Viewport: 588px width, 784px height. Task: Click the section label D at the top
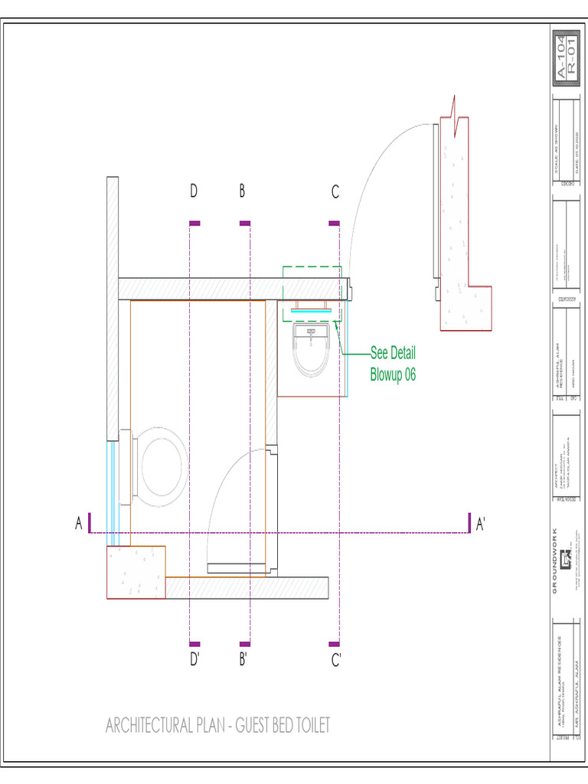[194, 192]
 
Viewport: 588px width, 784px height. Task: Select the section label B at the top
[242, 192]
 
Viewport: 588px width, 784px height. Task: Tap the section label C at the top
[335, 193]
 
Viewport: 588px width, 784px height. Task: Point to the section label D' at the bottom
[194, 659]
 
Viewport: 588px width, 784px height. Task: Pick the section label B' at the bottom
[243, 659]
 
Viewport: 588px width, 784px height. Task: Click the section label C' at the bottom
[335, 659]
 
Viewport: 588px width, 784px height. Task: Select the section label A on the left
[78, 524]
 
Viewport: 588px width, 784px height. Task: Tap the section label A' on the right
[481, 524]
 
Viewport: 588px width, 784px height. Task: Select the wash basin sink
[312, 349]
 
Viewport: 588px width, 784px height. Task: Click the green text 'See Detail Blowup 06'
[393, 364]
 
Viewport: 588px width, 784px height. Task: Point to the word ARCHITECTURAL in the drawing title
[149, 725]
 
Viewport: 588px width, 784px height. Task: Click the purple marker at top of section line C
[334, 224]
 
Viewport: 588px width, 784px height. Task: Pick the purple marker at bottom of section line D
[194, 644]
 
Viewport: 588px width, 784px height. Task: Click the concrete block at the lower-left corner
[136, 572]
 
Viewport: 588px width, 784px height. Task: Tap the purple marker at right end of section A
[469, 522]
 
